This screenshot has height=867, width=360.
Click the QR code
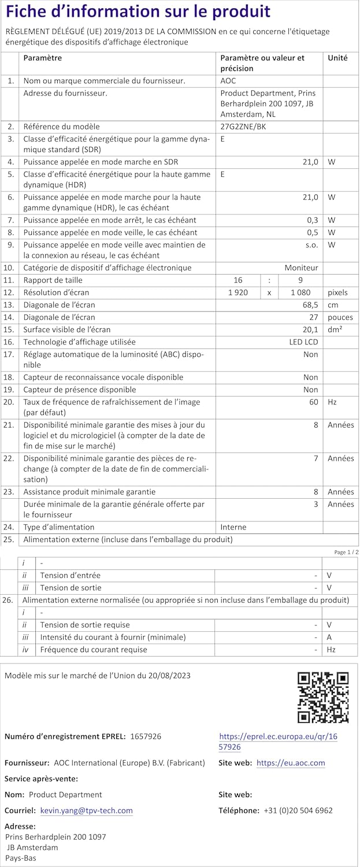[x=322, y=697]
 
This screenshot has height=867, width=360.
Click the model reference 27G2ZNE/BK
[x=243, y=127]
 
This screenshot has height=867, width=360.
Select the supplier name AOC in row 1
[x=228, y=81]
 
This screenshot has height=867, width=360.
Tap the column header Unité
[x=337, y=58]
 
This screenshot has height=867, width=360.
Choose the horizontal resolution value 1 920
[x=238, y=292]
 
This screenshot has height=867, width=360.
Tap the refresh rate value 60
[x=313, y=402]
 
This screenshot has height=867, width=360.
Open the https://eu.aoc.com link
[x=290, y=763]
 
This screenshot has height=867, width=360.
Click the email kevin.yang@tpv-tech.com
[x=86, y=811]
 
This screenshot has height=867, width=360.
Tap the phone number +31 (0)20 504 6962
[x=298, y=811]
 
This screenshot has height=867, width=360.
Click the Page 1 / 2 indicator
[x=346, y=553]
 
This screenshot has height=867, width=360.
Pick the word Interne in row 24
[x=233, y=527]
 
